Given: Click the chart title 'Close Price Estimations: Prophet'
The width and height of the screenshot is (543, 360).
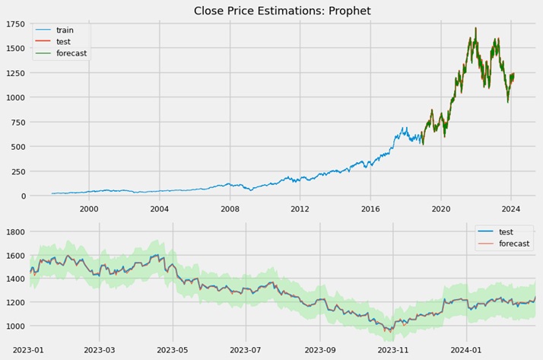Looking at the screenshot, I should [271, 11].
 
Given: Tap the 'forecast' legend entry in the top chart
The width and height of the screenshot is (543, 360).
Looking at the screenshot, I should [71, 53].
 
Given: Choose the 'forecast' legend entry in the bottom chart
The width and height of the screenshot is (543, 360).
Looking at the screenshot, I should [514, 244].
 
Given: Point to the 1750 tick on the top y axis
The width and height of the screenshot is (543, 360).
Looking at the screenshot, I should [15, 24].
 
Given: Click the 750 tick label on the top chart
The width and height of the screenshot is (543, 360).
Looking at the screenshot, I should [17, 123].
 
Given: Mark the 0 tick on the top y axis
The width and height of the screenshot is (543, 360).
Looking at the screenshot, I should [23, 196].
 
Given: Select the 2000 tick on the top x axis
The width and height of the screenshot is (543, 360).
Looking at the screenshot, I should [89, 209].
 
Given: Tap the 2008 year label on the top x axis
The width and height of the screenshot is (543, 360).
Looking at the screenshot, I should [230, 209].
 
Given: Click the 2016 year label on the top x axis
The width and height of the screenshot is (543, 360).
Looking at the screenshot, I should [370, 209].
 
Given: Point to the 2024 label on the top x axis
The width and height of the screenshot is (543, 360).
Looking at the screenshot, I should [511, 209].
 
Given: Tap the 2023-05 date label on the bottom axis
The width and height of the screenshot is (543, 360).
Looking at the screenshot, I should [172, 350].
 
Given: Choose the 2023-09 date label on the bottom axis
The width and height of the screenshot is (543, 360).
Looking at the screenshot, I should [319, 350].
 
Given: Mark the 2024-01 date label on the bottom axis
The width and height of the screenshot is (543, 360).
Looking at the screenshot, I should [466, 350].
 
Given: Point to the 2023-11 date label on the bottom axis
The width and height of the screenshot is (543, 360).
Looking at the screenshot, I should [393, 350].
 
